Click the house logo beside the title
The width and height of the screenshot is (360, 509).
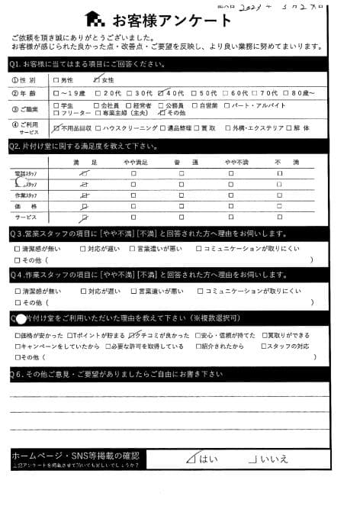(95, 18)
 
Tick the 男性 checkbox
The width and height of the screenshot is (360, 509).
(58, 79)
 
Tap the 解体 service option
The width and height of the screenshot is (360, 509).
(295, 127)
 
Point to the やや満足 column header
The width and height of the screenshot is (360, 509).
(133, 163)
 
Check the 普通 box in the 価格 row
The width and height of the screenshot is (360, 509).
(182, 206)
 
